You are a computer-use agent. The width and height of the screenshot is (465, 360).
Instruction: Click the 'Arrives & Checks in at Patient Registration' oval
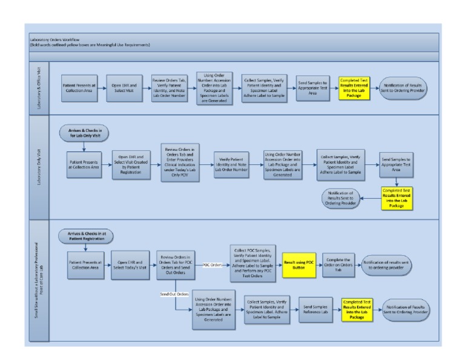click(x=85, y=234)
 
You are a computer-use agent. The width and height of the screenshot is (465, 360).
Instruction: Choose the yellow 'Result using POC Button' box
click(x=299, y=265)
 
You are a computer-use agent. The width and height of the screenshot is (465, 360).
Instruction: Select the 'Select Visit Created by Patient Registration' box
click(x=132, y=165)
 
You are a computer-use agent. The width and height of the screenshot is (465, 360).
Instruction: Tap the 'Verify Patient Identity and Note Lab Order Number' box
click(x=234, y=165)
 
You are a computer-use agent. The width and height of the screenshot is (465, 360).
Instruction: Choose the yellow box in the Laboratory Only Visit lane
click(x=397, y=198)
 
